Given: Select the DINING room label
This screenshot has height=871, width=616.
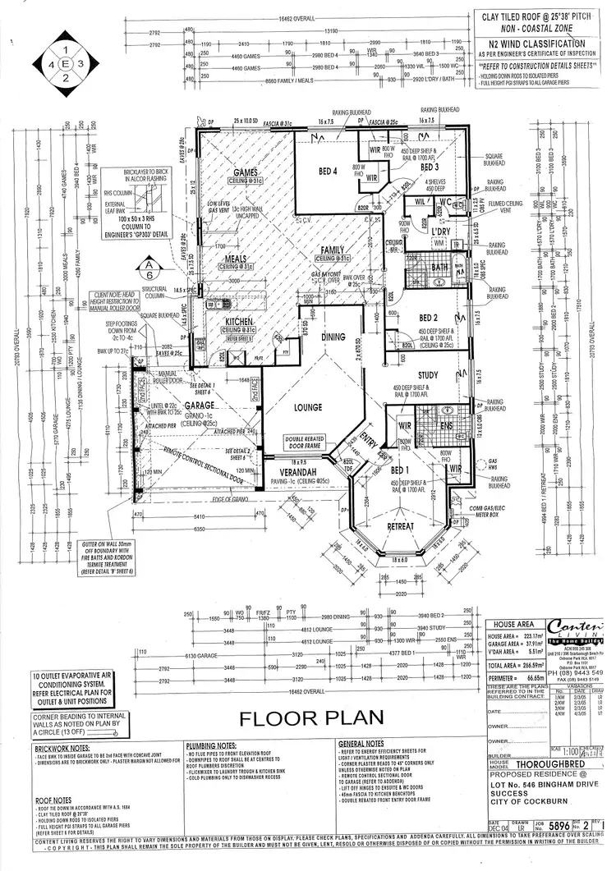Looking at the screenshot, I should (x=333, y=337).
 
